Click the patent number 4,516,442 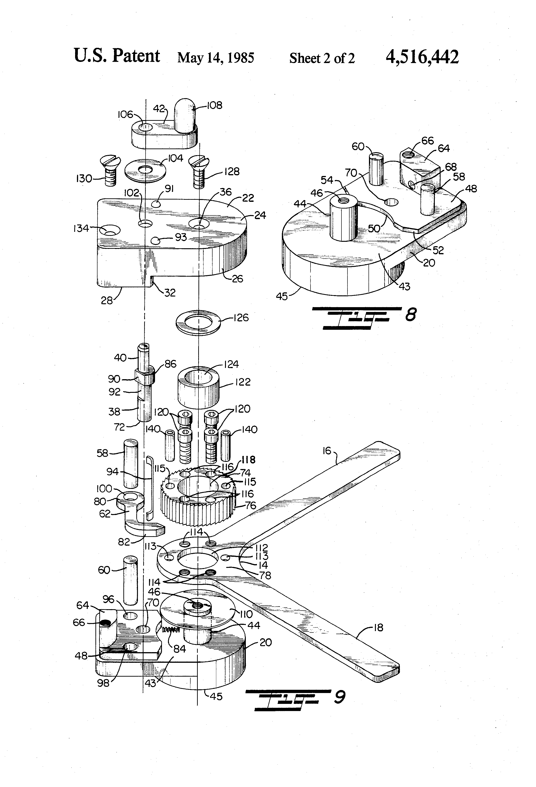[422, 57]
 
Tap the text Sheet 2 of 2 [322, 58]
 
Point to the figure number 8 [411, 315]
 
